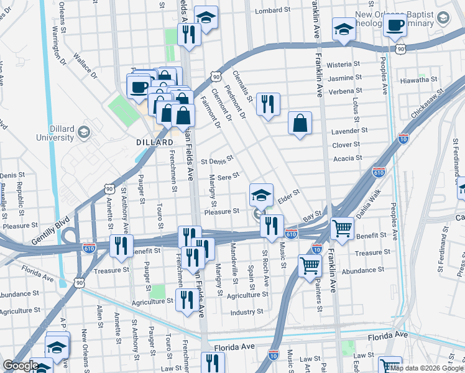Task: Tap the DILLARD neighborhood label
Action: click(x=154, y=142)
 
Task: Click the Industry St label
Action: click(x=247, y=312)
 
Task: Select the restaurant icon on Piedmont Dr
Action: click(x=268, y=104)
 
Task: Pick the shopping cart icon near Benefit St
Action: click(x=343, y=228)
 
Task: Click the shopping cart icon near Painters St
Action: click(x=310, y=266)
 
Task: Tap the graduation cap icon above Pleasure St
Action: click(x=261, y=195)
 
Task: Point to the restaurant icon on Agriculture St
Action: click(x=187, y=301)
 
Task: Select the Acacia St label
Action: click(x=349, y=159)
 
